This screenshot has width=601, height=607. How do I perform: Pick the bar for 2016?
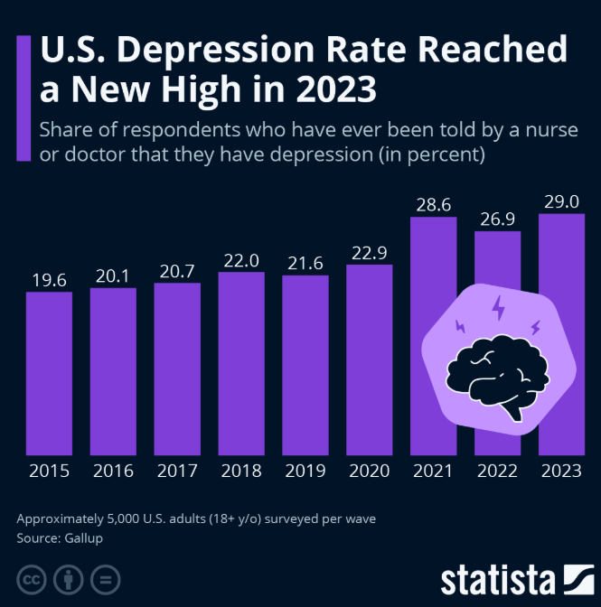click(x=113, y=371)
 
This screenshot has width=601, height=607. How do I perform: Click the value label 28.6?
click(x=433, y=205)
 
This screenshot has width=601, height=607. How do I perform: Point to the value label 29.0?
click(x=561, y=200)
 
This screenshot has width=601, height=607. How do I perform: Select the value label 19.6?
click(x=49, y=280)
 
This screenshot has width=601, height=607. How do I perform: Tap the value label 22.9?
click(x=369, y=252)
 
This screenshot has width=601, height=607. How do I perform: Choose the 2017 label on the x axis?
click(x=177, y=471)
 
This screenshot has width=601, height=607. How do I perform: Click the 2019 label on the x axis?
click(x=305, y=471)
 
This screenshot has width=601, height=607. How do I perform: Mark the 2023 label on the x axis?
click(x=561, y=471)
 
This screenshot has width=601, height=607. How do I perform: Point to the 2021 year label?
click(x=433, y=471)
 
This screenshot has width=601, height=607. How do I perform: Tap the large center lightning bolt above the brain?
click(x=497, y=308)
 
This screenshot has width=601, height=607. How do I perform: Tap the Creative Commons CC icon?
click(x=32, y=578)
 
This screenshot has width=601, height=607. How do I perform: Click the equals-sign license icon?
click(x=105, y=578)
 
